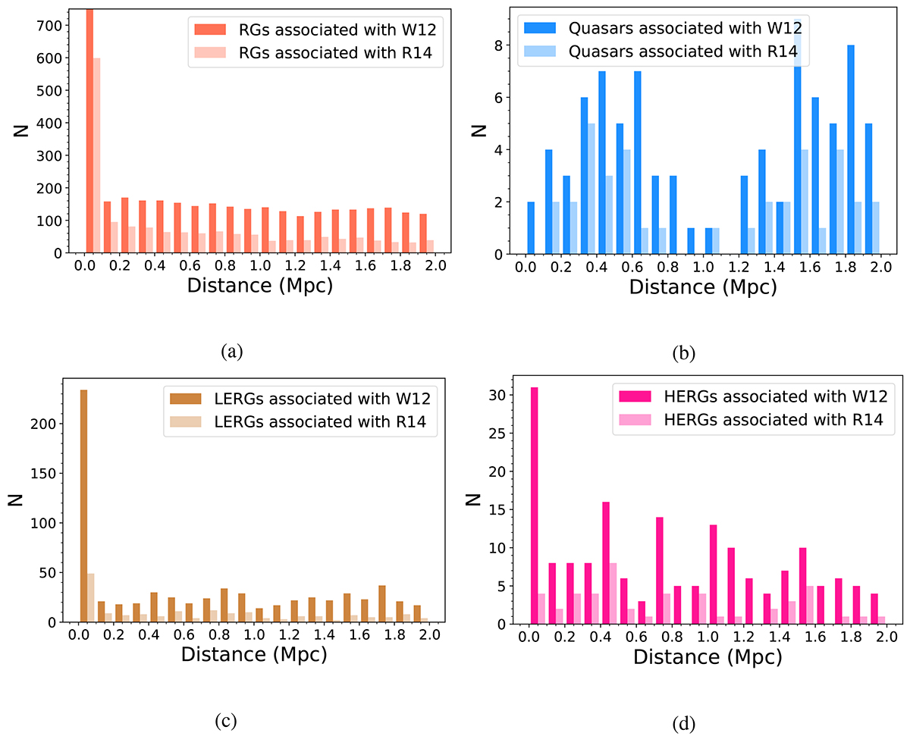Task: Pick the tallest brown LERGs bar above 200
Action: coord(83,506)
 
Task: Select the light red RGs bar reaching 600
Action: coord(97,155)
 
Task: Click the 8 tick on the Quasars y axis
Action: coord(503,45)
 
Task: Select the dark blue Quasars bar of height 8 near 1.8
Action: coord(852,150)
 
